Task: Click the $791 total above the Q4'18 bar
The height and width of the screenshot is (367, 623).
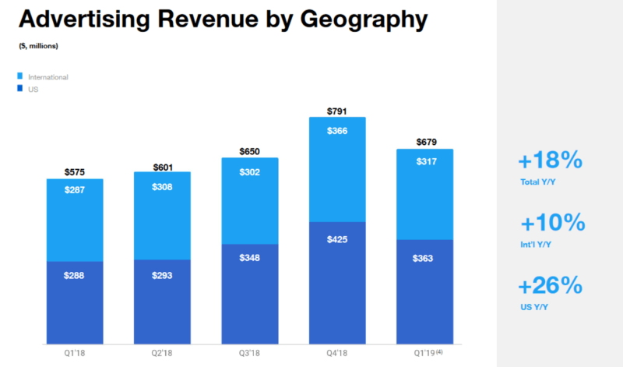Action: (337, 110)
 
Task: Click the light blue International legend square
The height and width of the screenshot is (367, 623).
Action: (20, 77)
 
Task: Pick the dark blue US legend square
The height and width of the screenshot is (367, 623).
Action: (20, 90)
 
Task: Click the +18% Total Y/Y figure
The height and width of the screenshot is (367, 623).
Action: (550, 161)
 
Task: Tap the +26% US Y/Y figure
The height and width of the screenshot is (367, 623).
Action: (550, 285)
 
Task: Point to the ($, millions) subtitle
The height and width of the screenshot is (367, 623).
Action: (38, 46)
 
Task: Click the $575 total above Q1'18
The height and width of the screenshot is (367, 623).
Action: (74, 171)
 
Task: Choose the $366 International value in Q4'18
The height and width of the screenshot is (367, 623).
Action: (337, 132)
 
